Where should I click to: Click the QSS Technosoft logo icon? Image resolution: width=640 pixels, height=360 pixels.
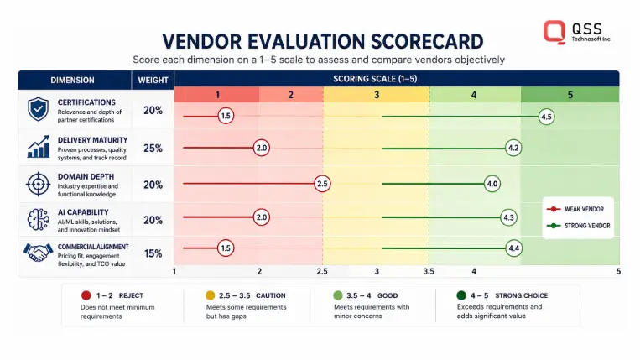click(554, 32)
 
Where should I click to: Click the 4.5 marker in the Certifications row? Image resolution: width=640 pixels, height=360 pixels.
click(546, 117)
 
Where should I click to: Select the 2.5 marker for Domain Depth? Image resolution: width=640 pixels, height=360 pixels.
click(322, 184)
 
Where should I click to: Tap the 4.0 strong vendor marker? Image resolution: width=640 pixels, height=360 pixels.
click(492, 184)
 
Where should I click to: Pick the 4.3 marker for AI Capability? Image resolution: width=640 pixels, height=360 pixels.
click(508, 217)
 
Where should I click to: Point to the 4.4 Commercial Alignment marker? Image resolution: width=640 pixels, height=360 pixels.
click(513, 248)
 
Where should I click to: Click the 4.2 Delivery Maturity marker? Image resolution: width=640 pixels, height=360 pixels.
click(513, 148)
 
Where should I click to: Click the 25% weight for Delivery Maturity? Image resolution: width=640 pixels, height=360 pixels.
click(153, 149)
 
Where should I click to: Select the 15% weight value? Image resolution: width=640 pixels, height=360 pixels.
click(153, 253)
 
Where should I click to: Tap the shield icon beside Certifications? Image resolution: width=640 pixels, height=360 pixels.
click(38, 109)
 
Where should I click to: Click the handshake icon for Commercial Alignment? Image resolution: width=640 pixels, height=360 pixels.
click(38, 253)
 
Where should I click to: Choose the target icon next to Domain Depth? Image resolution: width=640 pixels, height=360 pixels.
click(38, 184)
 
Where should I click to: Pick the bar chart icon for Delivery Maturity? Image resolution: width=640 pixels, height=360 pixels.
click(38, 147)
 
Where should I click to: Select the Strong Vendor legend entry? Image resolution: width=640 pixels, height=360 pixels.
click(579, 226)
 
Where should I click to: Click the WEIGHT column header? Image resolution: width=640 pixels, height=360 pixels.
click(153, 80)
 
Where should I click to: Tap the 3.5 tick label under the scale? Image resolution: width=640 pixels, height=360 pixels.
click(429, 271)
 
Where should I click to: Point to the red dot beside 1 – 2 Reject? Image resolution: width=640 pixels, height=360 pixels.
click(86, 295)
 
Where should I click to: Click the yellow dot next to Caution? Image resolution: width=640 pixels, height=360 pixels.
click(211, 295)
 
